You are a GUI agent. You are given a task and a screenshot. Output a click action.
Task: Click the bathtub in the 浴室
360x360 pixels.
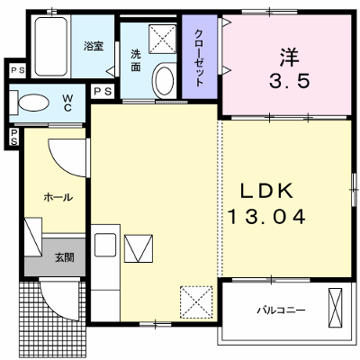click(x=51, y=46)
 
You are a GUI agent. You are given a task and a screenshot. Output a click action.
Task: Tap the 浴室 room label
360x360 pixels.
click(x=94, y=47)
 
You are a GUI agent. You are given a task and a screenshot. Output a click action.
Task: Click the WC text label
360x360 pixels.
click(x=67, y=103)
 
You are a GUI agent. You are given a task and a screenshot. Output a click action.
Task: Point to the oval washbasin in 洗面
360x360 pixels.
click(x=164, y=80)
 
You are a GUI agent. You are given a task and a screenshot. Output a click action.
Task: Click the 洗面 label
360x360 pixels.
click(x=135, y=60)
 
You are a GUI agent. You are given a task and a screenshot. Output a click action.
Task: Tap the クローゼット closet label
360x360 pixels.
click(x=199, y=58)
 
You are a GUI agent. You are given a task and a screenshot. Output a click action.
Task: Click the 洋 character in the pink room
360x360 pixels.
click(x=290, y=58)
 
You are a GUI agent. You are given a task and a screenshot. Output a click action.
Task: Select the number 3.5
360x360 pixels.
click(x=289, y=81)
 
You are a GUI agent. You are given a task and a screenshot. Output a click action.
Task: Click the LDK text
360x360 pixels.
click(x=266, y=191)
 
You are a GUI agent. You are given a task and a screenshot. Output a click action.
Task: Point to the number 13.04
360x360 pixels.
click(x=266, y=217)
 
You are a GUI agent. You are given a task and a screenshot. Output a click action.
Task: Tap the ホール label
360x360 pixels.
click(x=58, y=197)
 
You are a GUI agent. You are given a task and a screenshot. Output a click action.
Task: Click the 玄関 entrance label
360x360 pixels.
click(x=65, y=257)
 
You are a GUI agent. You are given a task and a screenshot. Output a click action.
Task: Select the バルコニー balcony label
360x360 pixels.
click(x=281, y=310)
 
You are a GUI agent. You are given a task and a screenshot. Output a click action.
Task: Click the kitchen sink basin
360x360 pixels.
click(x=105, y=245)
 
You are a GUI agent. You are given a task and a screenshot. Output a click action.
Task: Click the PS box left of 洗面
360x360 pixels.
click(x=103, y=91)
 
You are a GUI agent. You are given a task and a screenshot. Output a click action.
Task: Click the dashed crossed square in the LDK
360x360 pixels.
click(x=196, y=302)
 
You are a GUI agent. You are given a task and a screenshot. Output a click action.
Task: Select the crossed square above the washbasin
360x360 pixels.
click(x=162, y=40)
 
